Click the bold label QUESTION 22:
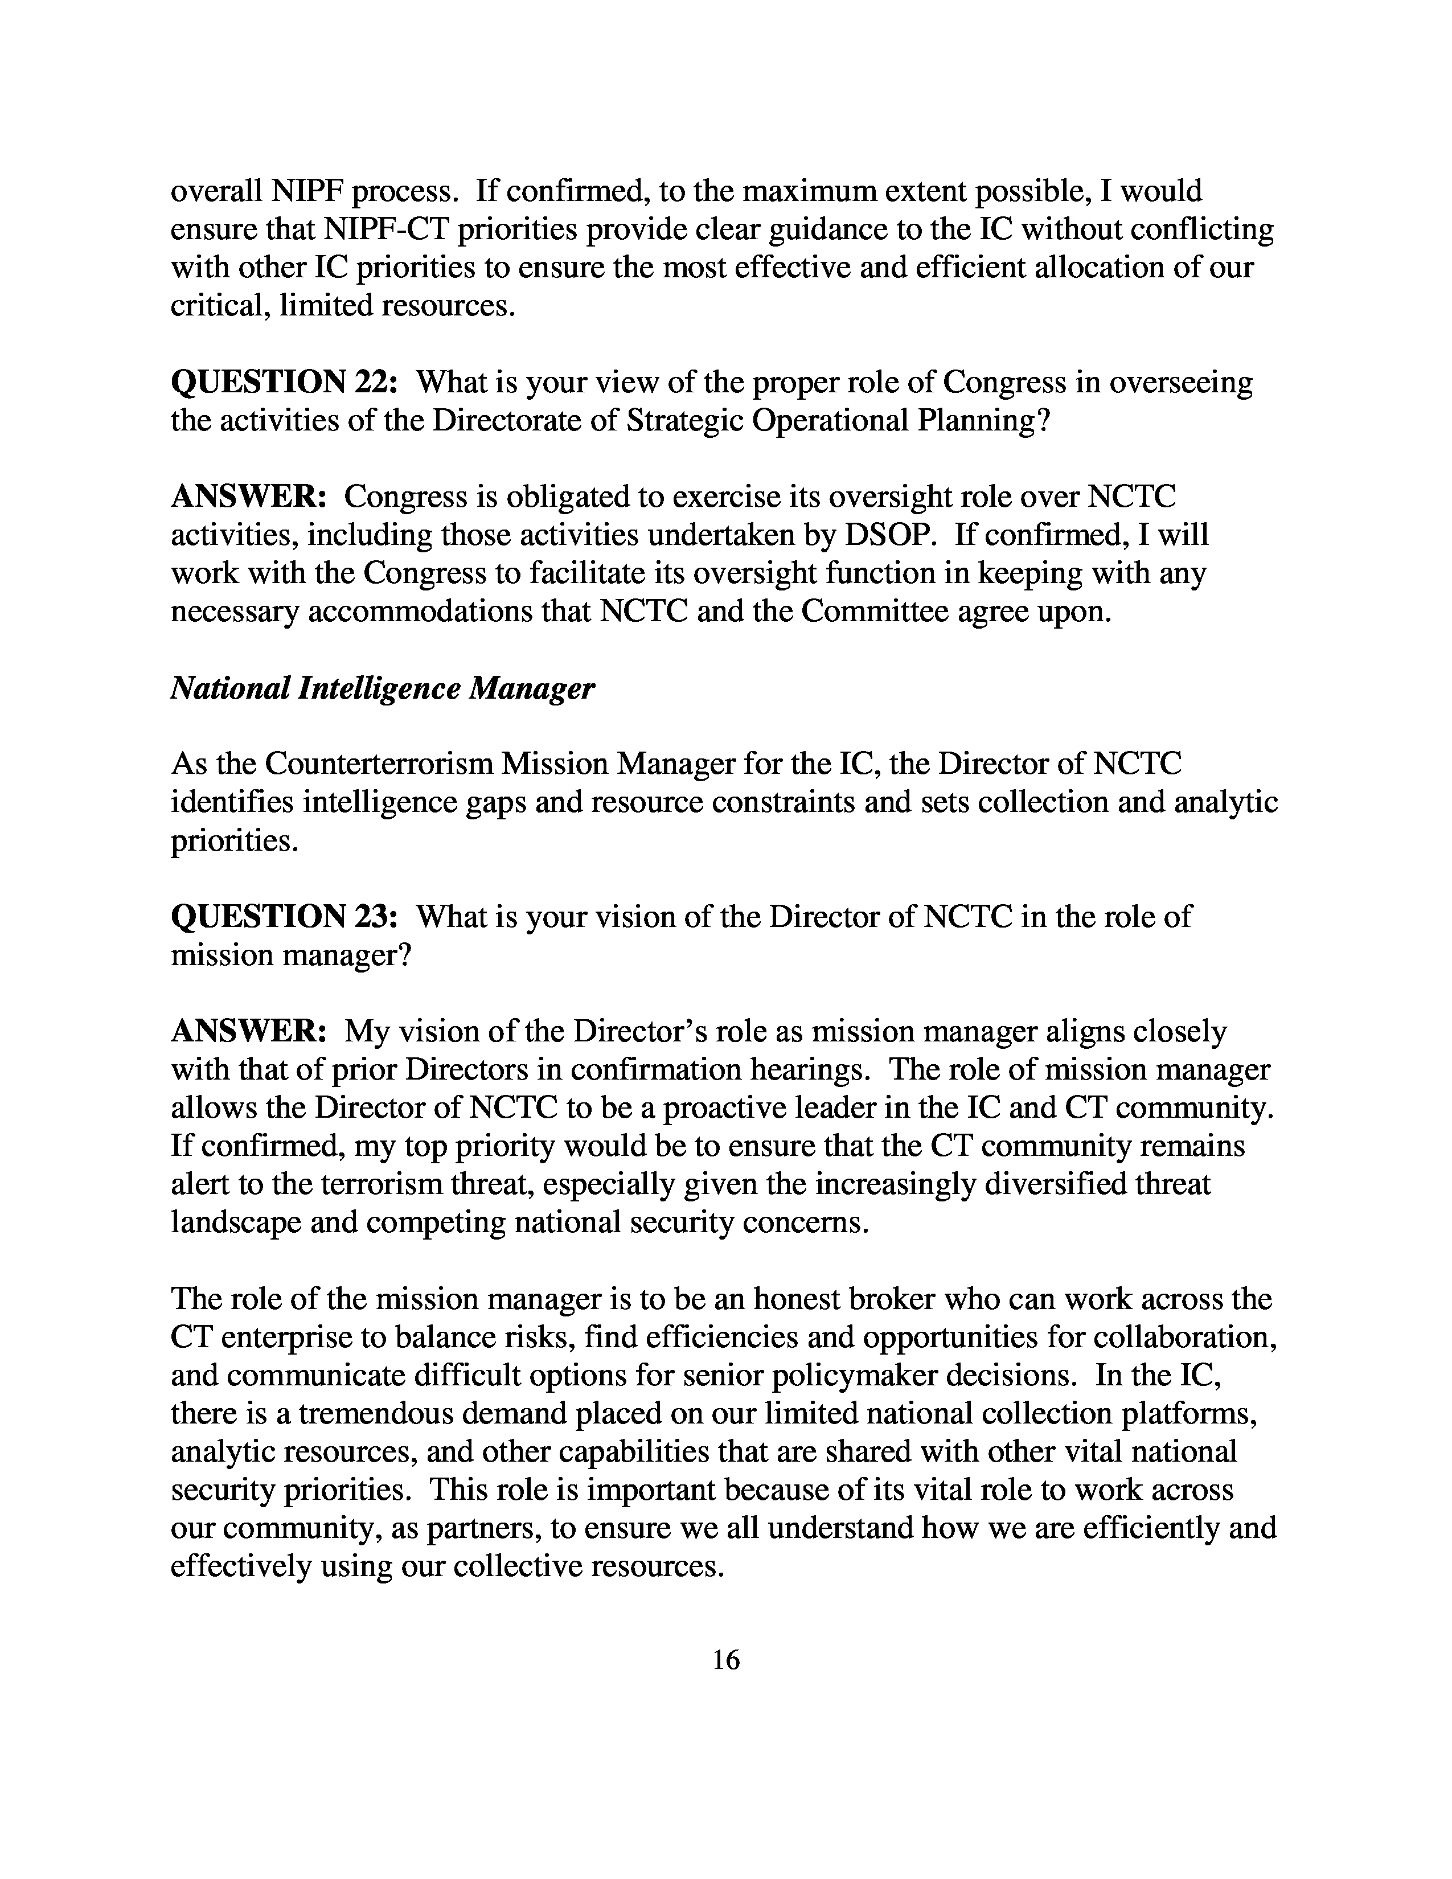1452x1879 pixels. [x=284, y=383]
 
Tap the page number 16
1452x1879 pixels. [x=726, y=1660]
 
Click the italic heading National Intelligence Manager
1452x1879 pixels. [x=382, y=688]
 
